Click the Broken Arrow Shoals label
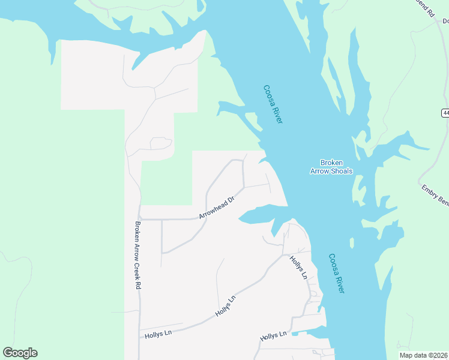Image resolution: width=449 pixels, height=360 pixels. coord(331,167)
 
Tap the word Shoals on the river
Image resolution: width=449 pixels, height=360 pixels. coord(340,171)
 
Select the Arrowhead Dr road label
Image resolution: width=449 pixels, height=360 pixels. coord(216,208)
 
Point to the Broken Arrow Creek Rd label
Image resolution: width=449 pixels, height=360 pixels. coord(137,256)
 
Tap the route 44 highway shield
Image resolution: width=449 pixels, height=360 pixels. coord(445,113)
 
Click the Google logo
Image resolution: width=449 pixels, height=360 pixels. coord(20,353)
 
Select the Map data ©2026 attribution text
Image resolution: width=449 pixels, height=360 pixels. coord(422,355)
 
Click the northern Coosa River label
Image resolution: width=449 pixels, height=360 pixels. coord(273,104)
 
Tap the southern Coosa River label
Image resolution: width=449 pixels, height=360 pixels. coord(337,274)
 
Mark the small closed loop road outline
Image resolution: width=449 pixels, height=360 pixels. coord(161,143)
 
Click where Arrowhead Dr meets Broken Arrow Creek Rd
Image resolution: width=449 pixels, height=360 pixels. coord(139,219)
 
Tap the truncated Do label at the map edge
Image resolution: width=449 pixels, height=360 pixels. coord(445,21)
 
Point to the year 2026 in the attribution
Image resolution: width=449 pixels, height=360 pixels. coord(438,355)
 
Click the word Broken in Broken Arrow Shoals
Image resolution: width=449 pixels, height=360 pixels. coord(331,163)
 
